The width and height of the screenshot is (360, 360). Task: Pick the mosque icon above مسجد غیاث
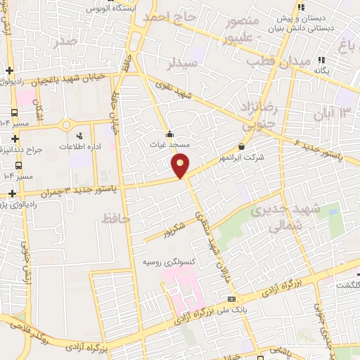pos(169,134)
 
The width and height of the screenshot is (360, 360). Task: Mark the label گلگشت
pos(344,283)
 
